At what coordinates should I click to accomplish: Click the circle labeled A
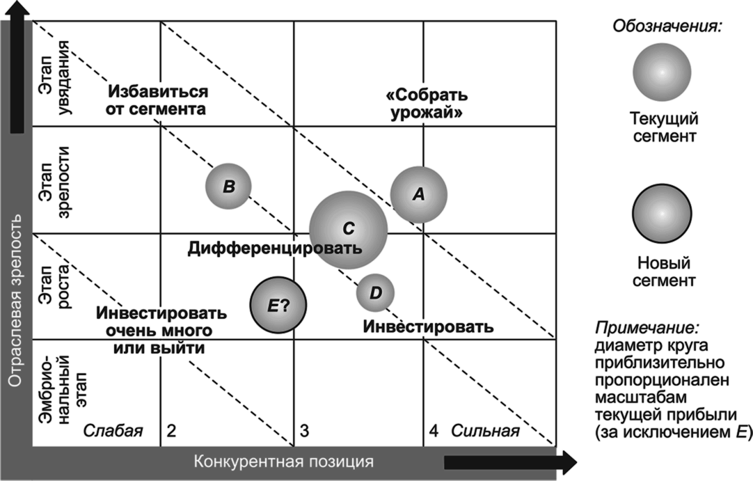(x=418, y=195)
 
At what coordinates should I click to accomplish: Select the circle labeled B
(x=228, y=186)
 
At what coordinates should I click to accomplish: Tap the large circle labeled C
(x=348, y=229)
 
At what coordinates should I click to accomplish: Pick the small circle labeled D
(x=375, y=292)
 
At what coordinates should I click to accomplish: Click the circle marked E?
(x=278, y=305)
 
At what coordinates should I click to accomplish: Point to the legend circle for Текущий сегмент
(x=662, y=72)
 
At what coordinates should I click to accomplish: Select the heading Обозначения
(x=667, y=27)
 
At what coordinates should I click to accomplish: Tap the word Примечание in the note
(x=647, y=327)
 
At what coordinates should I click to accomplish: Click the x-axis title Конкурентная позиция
(x=283, y=462)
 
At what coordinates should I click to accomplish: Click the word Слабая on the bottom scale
(x=113, y=431)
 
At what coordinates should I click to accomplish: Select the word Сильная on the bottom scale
(x=485, y=431)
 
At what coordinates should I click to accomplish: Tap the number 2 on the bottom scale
(x=172, y=431)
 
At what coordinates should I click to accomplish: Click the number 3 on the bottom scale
(x=304, y=431)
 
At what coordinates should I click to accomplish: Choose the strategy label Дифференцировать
(x=274, y=248)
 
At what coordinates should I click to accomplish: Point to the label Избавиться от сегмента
(x=157, y=100)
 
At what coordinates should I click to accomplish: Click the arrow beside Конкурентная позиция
(x=510, y=462)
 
